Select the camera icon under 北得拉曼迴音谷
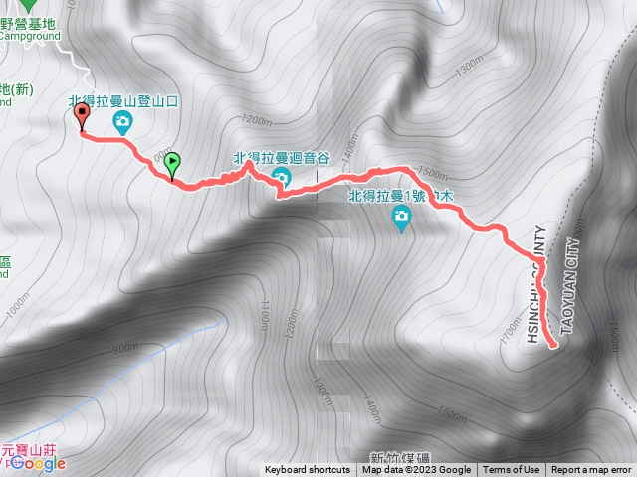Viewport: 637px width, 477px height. click(281, 179)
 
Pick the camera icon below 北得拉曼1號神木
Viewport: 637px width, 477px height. click(401, 220)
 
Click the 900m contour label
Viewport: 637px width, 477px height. click(125, 348)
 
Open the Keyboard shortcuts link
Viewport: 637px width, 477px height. click(307, 470)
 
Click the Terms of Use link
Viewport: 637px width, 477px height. click(512, 470)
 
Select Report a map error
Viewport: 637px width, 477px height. click(591, 470)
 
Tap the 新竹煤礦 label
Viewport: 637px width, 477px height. click(396, 456)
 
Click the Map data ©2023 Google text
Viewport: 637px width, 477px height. click(416, 470)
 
